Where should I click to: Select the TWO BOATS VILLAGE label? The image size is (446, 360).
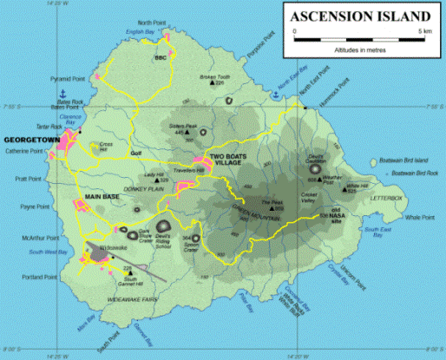point(229,160)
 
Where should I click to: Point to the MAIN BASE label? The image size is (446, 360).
point(102,197)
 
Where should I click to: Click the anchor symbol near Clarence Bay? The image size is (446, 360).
point(62,93)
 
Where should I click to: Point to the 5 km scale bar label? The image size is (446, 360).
point(424,31)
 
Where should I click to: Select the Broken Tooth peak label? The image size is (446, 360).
point(215,76)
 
